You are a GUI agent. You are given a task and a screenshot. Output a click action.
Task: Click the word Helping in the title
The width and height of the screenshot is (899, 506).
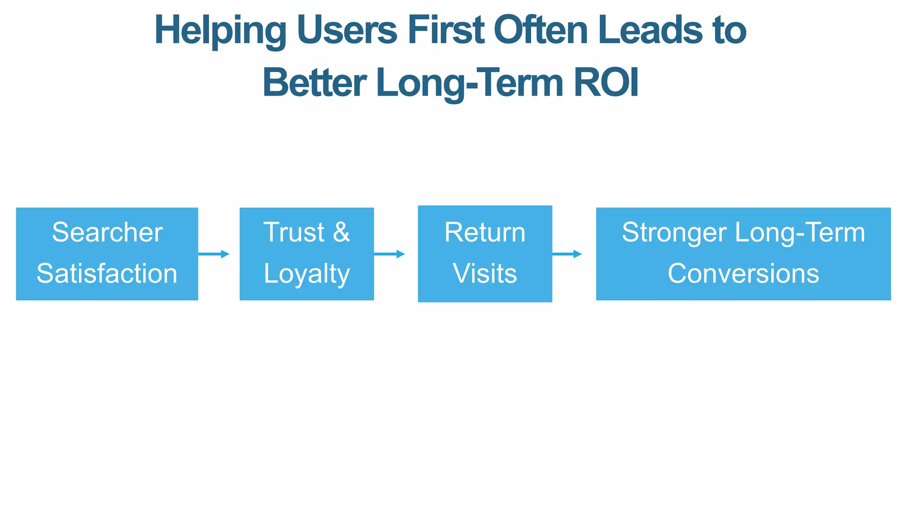(x=220, y=31)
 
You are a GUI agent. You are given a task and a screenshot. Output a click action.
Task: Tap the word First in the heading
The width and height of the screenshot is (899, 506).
(x=446, y=31)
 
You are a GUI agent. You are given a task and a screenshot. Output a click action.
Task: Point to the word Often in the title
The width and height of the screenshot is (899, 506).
(x=540, y=31)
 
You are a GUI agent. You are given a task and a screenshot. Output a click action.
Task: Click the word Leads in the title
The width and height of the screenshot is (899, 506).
(x=650, y=31)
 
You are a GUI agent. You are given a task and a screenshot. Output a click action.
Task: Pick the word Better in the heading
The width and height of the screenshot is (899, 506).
(x=314, y=83)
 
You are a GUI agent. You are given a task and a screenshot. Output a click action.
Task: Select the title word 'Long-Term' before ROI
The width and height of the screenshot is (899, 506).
(x=470, y=83)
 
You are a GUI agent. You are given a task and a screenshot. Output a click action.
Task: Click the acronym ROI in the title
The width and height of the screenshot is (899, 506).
(x=606, y=83)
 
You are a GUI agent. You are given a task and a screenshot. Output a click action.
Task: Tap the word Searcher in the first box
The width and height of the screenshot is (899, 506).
(x=107, y=232)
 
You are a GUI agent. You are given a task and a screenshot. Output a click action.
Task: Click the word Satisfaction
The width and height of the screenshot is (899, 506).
(x=107, y=274)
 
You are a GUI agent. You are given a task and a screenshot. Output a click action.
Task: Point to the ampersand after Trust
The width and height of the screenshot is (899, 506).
(x=341, y=232)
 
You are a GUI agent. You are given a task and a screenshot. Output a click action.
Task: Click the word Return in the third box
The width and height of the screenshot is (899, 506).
(x=485, y=232)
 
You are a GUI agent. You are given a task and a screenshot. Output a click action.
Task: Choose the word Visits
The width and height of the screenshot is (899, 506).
(x=485, y=274)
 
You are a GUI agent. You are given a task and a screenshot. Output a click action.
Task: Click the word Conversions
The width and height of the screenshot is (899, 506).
(x=743, y=274)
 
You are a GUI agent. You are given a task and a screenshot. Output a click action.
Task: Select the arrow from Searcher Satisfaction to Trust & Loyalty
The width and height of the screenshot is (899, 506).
(x=214, y=254)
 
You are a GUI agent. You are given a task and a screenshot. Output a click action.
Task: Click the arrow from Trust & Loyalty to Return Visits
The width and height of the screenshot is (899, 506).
(x=389, y=254)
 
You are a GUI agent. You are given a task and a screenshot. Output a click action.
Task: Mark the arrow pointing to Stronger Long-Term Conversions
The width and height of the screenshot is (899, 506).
(x=567, y=254)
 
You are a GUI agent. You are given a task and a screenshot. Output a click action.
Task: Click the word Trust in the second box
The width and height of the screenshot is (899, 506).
(x=294, y=232)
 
